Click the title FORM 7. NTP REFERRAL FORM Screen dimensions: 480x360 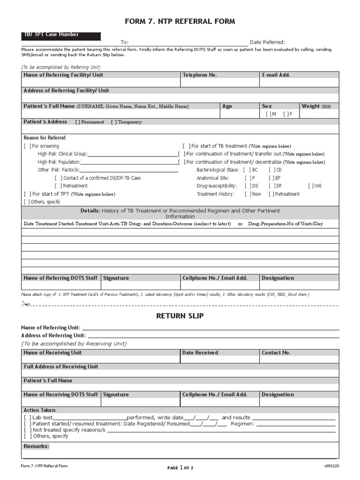[x=180, y=22]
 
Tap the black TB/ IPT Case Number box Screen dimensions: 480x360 [x=61, y=36]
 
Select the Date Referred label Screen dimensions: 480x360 [x=267, y=42]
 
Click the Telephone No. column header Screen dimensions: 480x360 [x=200, y=75]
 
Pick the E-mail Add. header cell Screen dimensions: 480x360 [x=276, y=75]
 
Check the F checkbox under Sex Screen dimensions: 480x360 [x=286, y=114]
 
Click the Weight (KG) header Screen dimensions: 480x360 [x=316, y=106]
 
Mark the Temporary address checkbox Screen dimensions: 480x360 [x=113, y=122]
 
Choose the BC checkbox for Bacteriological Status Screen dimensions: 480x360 [x=246, y=170]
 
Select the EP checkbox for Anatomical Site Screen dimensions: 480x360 [x=271, y=178]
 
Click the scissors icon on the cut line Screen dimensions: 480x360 [x=25, y=305]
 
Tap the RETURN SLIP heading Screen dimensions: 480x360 [x=180, y=316]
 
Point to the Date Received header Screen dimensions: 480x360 [x=200, y=353]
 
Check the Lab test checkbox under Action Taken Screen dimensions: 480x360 [x=27, y=418]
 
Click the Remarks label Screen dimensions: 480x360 [x=36, y=446]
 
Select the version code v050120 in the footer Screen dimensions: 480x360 [x=331, y=466]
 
